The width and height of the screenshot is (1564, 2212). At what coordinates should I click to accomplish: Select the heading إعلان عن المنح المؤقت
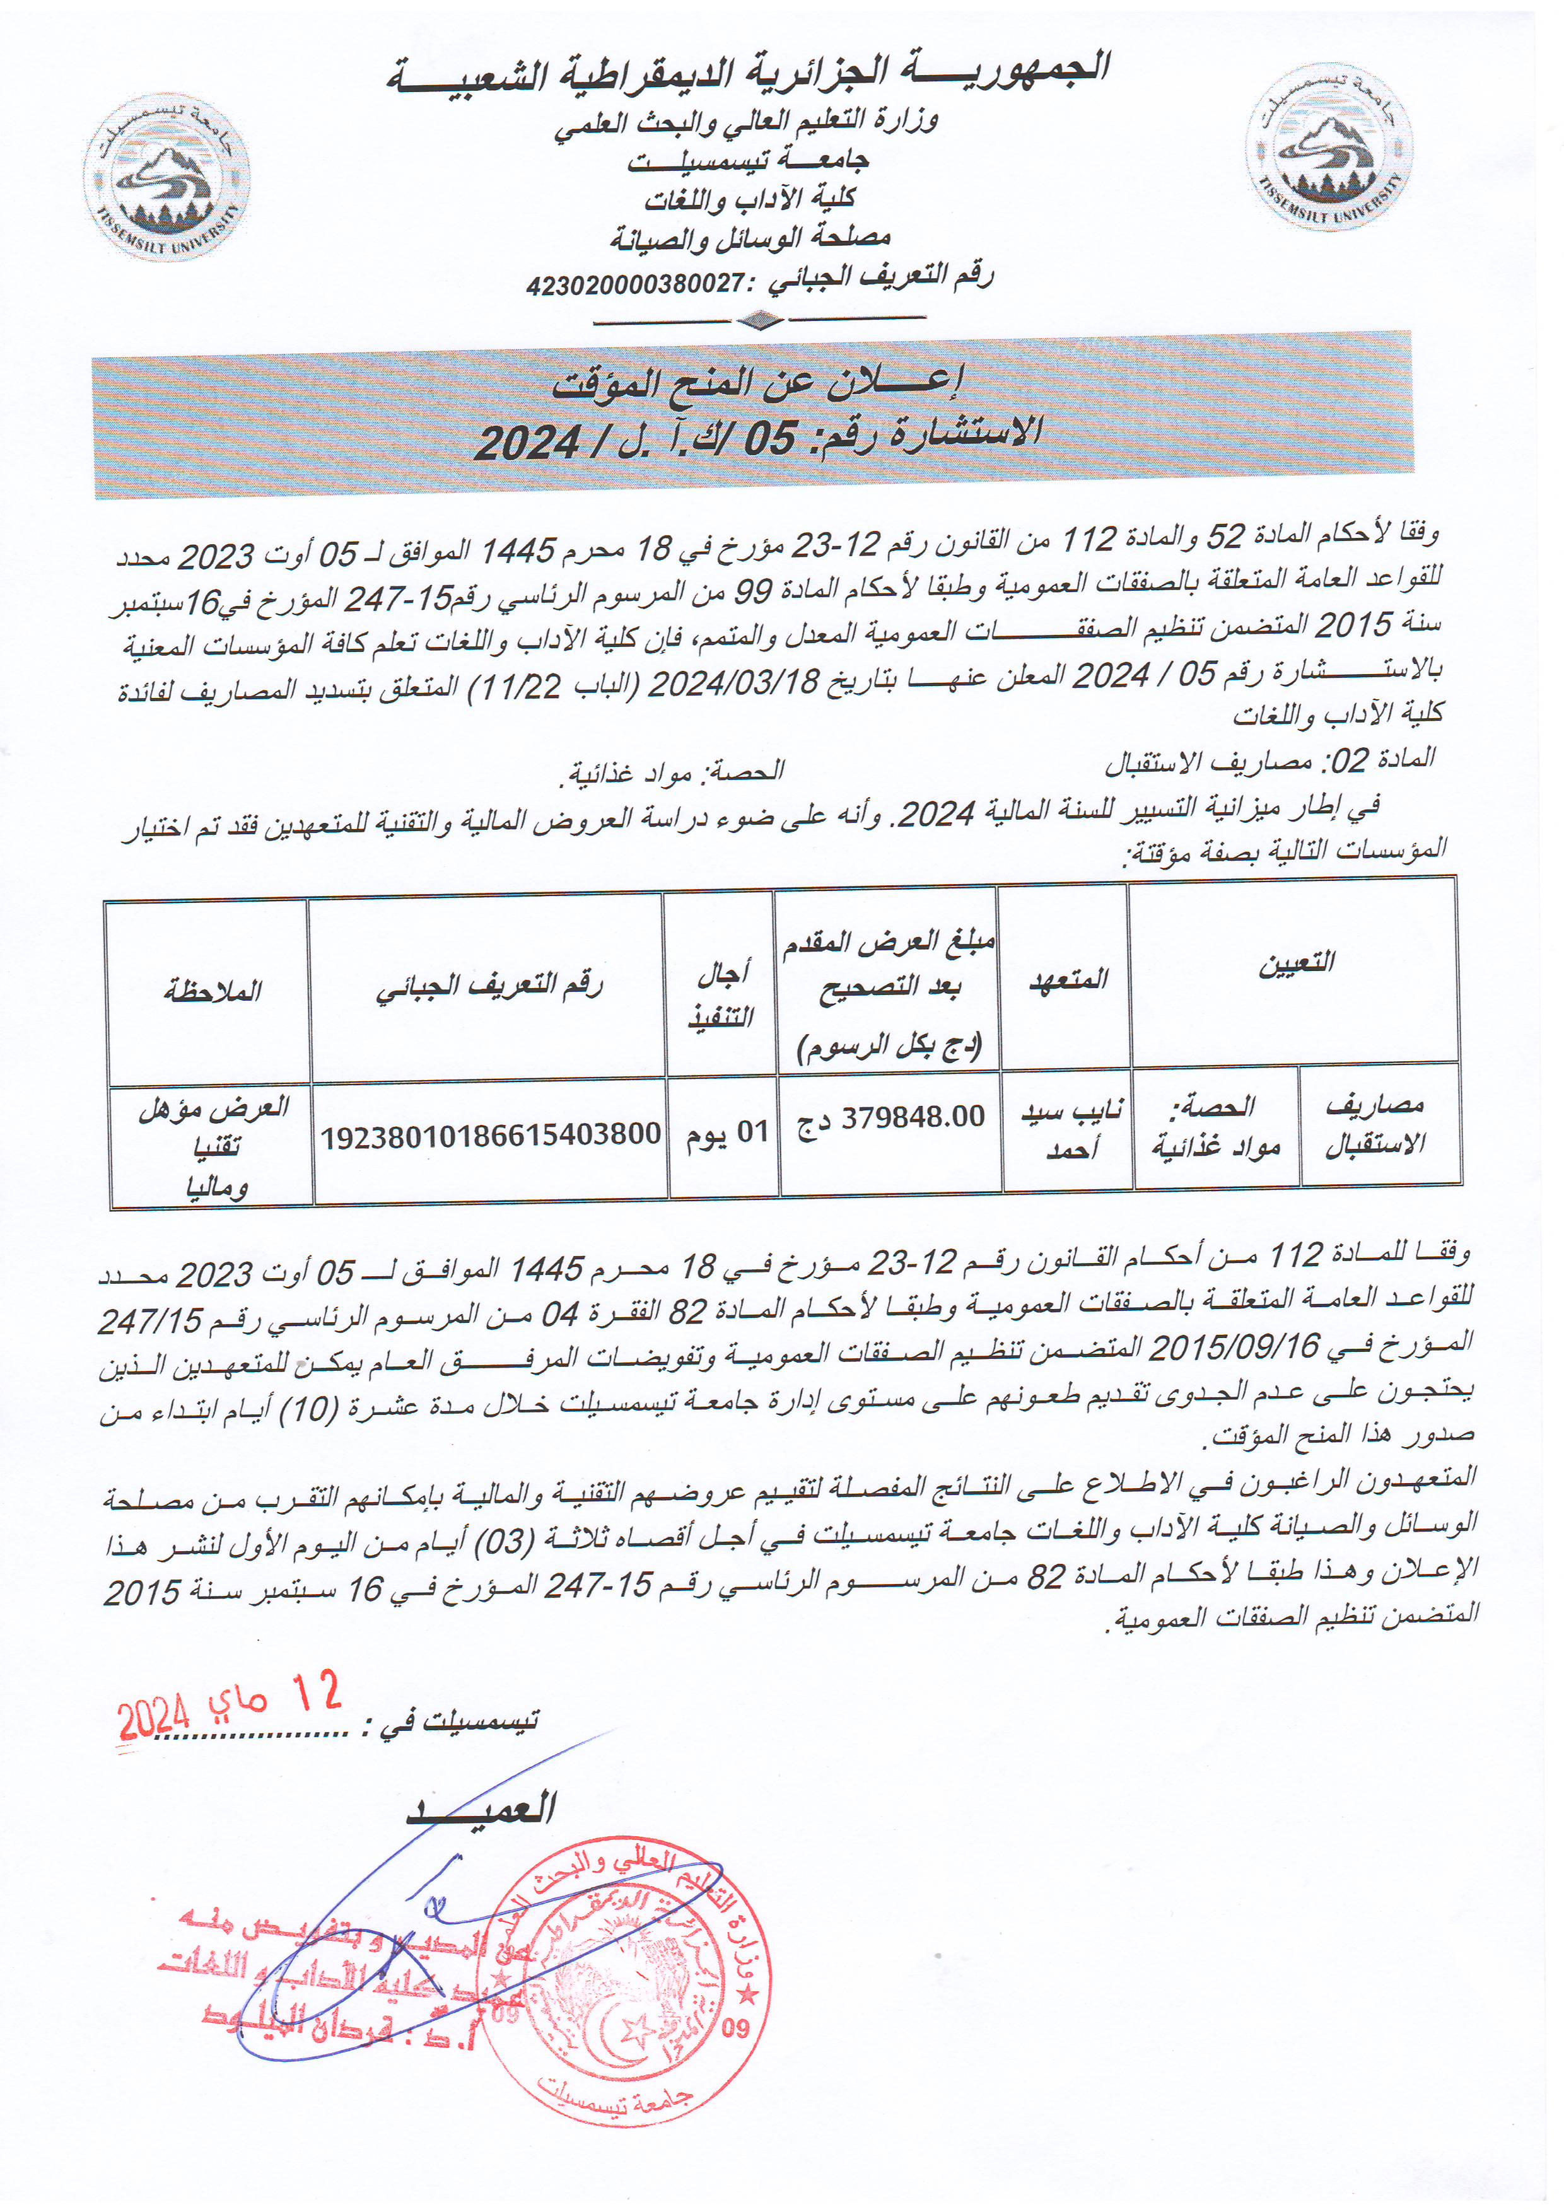click(757, 383)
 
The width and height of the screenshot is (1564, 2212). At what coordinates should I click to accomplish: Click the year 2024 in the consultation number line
click(527, 442)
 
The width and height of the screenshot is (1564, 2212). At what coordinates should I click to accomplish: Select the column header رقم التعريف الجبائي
click(489, 987)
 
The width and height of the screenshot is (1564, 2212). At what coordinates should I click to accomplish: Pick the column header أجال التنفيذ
click(721, 995)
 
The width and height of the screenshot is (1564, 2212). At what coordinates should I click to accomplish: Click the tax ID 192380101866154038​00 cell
click(491, 1135)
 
